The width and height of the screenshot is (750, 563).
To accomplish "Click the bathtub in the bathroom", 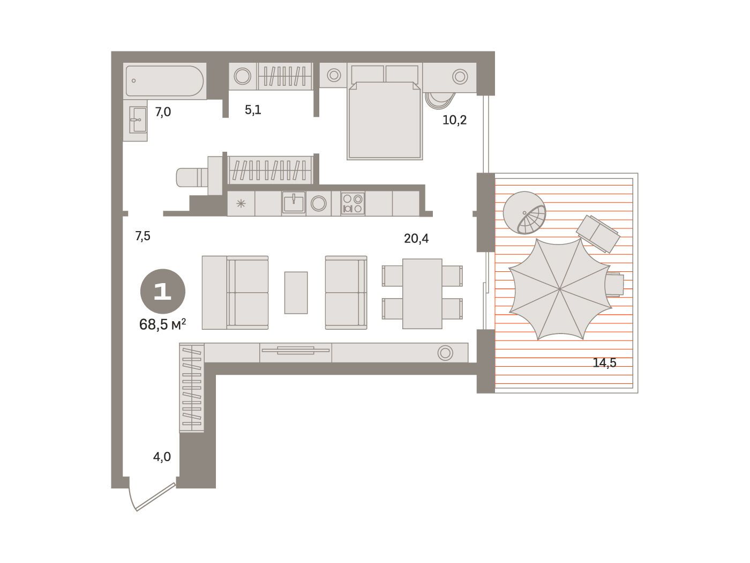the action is click(x=164, y=81).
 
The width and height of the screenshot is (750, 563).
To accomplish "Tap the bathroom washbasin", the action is click(x=138, y=120).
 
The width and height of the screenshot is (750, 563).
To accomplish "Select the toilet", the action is click(x=192, y=177).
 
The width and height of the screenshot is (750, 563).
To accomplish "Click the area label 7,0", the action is click(x=163, y=112).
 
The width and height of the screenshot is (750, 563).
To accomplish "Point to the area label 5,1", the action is click(x=253, y=110).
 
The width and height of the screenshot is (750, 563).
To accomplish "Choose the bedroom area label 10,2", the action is click(x=454, y=120).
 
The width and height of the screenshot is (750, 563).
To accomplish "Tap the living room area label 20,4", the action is click(x=416, y=238).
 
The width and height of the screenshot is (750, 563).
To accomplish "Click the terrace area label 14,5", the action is click(x=604, y=362).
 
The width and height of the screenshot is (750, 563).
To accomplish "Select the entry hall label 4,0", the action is click(x=162, y=457).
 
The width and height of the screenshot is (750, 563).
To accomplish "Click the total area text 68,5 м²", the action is click(x=163, y=324).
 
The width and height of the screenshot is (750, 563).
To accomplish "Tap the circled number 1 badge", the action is click(x=163, y=291).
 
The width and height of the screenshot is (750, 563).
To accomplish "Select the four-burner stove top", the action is click(x=352, y=203).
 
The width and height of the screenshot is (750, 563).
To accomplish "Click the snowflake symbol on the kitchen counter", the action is click(x=241, y=204).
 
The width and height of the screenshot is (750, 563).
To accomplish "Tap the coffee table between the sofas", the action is click(x=296, y=293).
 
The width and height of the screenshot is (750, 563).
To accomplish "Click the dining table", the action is click(x=422, y=294).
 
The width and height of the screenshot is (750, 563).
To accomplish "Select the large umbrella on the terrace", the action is click(x=560, y=289).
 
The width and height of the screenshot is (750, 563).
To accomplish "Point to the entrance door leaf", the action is click(x=156, y=497).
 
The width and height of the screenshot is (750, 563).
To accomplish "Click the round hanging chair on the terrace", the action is click(x=524, y=213).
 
